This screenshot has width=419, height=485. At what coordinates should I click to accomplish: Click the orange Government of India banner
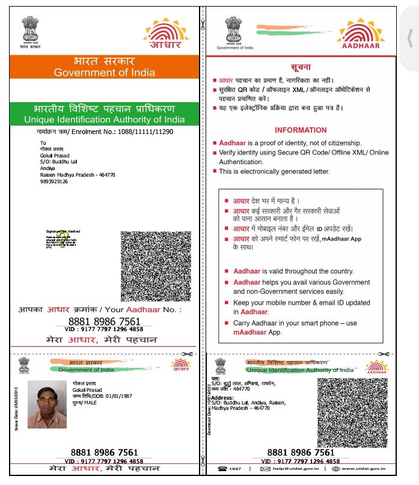[x=104, y=67]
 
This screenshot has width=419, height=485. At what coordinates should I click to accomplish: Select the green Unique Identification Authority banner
[x=104, y=114]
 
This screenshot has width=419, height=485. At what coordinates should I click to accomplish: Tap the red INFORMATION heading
[x=301, y=130]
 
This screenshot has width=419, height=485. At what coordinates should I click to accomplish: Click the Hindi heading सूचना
[x=301, y=66]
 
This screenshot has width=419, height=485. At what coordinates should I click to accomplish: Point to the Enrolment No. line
[x=104, y=131]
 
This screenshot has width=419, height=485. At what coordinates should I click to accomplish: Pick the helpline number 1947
[x=235, y=468]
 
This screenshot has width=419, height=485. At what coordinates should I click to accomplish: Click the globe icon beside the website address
[x=335, y=468]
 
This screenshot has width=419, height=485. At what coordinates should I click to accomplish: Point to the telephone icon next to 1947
[x=222, y=468]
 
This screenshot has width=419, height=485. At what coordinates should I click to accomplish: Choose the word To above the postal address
[x=43, y=142]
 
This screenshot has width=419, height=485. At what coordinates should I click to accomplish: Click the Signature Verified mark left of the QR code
[x=63, y=237]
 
